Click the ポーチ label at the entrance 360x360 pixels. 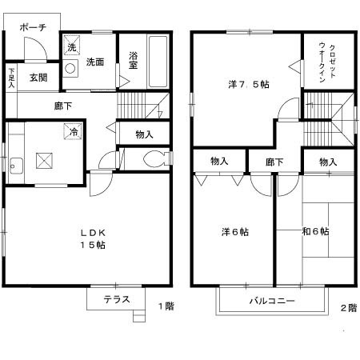[33, 26]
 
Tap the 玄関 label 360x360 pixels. [38, 78]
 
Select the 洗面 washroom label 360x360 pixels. [96, 62]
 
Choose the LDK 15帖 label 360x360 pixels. [92, 238]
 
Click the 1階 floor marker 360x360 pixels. [166, 306]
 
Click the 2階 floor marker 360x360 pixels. [349, 306]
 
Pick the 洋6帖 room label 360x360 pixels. [234, 232]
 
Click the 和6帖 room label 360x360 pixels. [316, 232]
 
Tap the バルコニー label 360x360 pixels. [271, 302]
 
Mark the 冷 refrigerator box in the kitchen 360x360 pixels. [73, 133]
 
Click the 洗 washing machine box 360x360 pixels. [71, 47]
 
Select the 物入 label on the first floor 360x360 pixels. [145, 134]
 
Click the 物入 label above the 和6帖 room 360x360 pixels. [328, 162]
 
